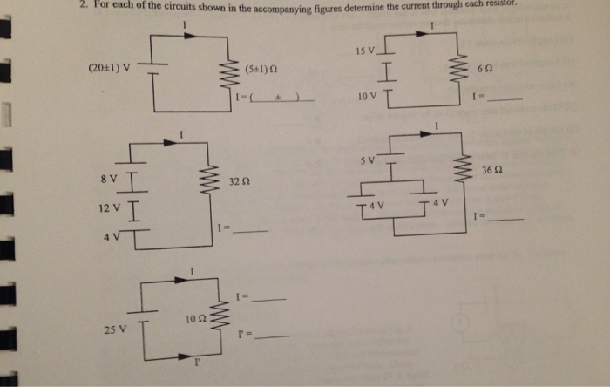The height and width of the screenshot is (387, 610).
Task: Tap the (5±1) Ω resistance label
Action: coord(262,68)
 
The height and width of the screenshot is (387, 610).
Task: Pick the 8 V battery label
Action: coord(109,178)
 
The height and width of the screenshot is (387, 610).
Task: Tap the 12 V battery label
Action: coord(109,209)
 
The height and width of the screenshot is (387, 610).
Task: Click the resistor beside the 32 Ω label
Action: coord(207,182)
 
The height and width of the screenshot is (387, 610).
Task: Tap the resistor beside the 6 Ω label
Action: coord(454,67)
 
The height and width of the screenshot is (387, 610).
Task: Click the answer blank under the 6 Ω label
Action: coord(505,100)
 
